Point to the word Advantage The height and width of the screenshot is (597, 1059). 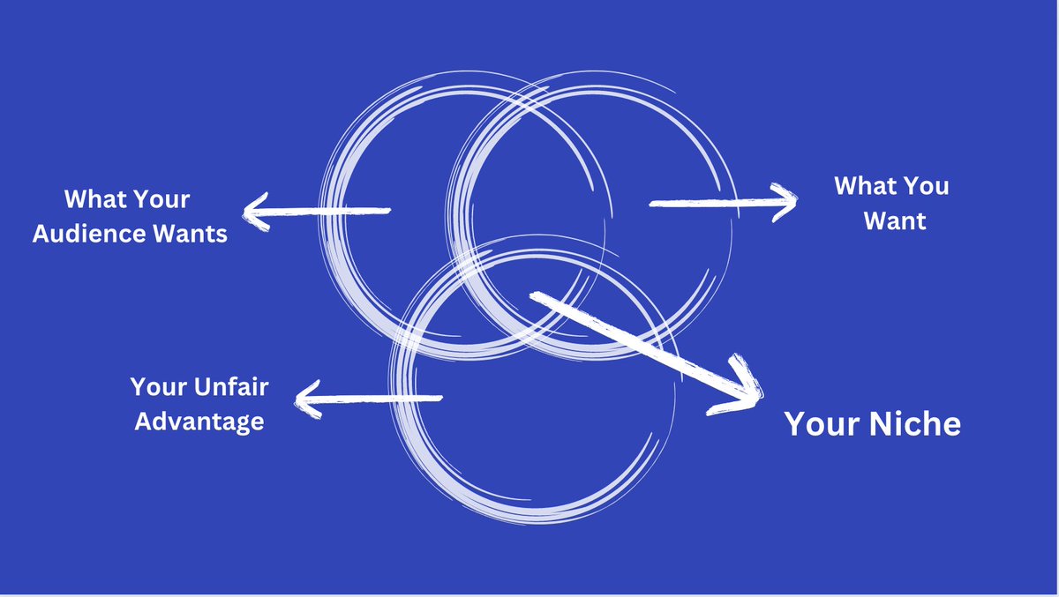pos(199,421)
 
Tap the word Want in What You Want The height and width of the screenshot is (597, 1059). pos(895,220)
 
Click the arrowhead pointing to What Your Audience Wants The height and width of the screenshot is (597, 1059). pos(255,212)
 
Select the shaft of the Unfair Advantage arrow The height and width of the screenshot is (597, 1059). pos(379,399)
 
